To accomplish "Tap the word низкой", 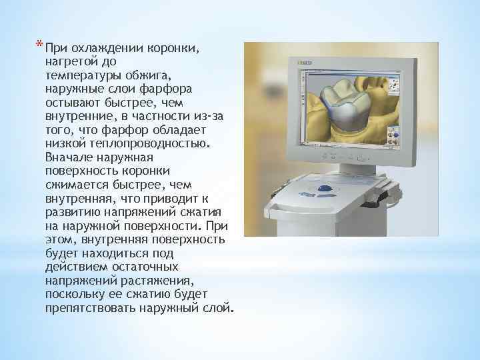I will [62, 143].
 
